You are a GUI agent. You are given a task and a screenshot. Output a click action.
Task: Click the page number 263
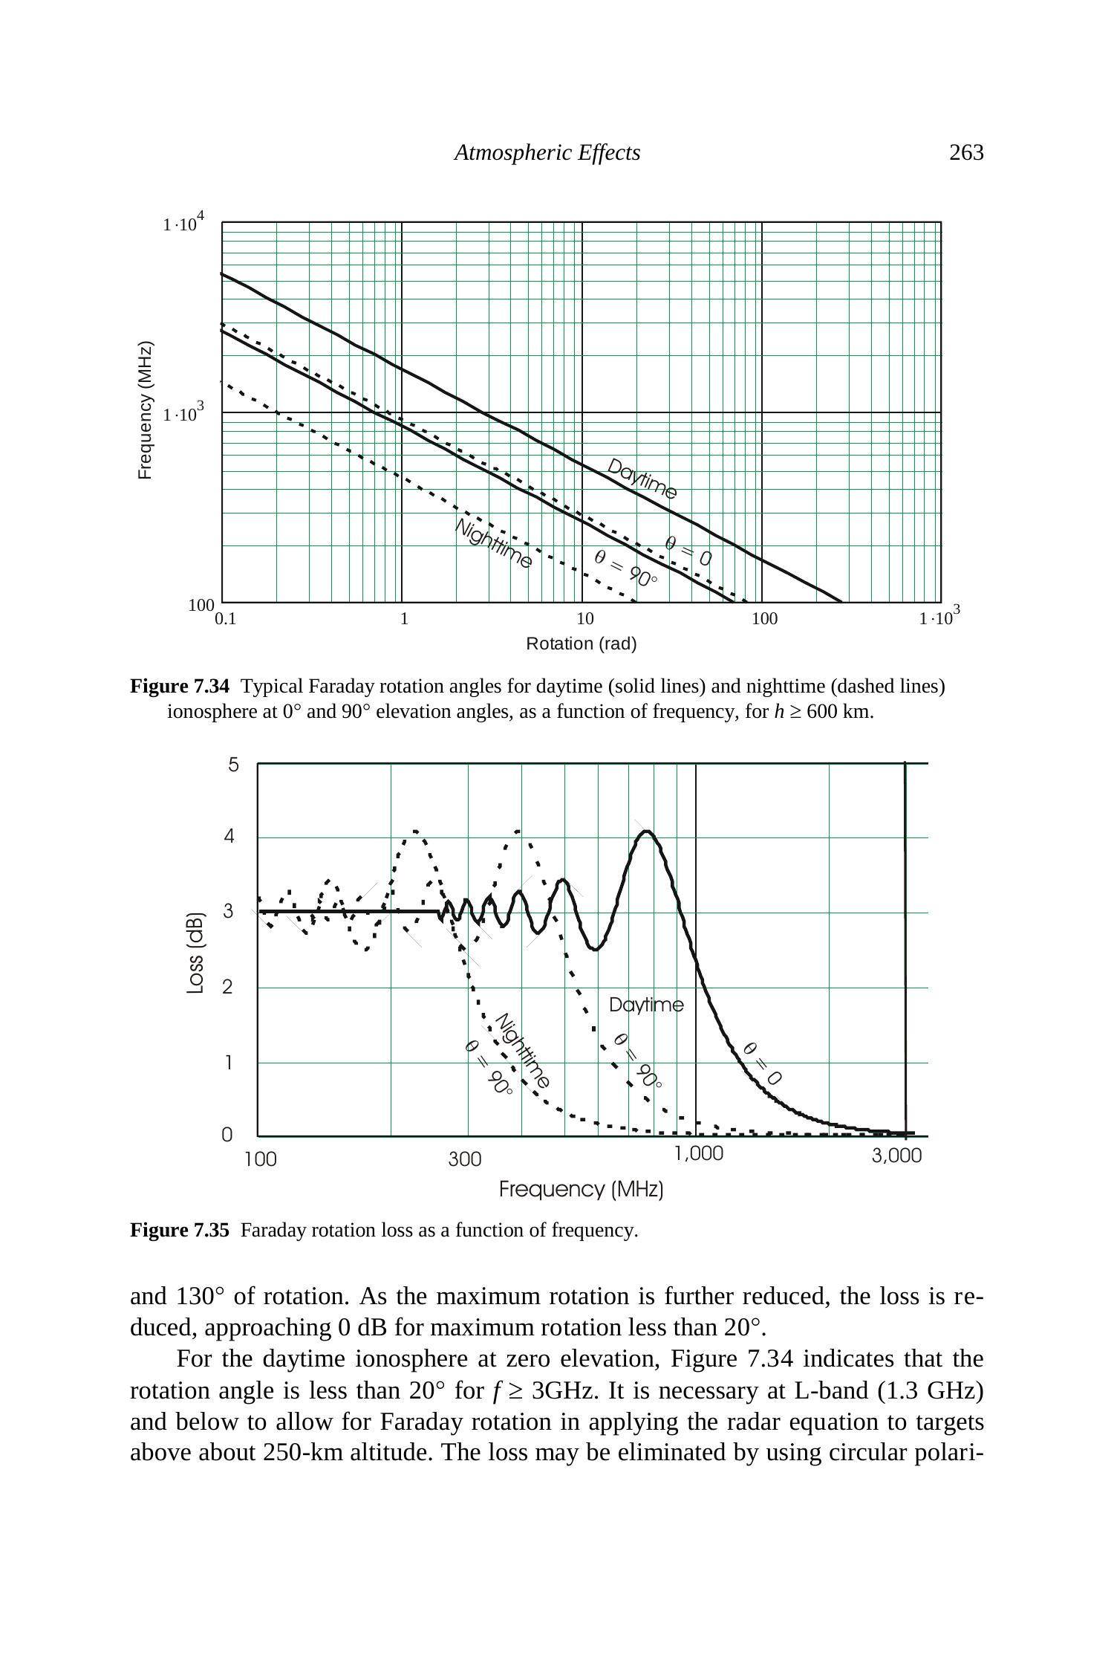[x=965, y=152]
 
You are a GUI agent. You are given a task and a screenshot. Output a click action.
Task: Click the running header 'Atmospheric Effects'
[x=547, y=152]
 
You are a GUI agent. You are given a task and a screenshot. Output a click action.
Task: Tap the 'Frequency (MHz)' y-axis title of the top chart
[x=146, y=410]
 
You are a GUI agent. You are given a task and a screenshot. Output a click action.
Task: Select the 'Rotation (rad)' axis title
[x=581, y=644]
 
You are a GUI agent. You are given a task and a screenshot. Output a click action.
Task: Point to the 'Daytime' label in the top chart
[x=642, y=479]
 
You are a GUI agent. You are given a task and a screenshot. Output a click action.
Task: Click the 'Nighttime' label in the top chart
[x=493, y=543]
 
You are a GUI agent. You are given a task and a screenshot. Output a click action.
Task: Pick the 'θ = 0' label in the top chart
[x=688, y=551]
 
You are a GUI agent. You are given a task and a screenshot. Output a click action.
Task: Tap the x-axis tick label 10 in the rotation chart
[x=584, y=618]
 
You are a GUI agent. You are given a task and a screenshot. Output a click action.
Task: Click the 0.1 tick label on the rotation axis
[x=225, y=618]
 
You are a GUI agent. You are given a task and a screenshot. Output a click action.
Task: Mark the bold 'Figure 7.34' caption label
[x=180, y=686]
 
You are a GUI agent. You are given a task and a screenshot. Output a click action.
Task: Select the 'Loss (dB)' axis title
[x=195, y=952]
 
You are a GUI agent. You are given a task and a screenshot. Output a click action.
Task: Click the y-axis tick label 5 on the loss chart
[x=234, y=765]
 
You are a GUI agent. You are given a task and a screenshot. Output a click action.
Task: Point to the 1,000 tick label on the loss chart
[x=698, y=1153]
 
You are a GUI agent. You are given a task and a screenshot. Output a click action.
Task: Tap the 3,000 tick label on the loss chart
[x=896, y=1156]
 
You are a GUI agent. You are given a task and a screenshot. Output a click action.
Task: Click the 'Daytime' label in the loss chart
[x=646, y=1005]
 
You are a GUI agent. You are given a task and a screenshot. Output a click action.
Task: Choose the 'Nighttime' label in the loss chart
[x=523, y=1050]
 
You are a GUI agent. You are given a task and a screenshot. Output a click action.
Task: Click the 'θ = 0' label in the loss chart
[x=762, y=1063]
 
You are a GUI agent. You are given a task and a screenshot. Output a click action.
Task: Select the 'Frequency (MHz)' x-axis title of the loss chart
[x=581, y=1190]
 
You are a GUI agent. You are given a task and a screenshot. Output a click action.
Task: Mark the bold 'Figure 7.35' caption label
[x=180, y=1231]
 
